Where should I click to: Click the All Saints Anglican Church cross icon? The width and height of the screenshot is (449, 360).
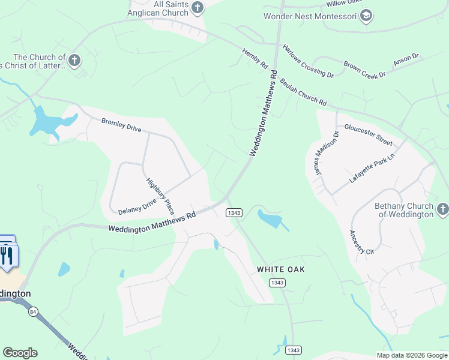click(197, 8)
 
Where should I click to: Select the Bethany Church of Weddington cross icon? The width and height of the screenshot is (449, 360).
click(442, 209)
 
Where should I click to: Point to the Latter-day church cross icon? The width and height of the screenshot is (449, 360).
click(74, 60)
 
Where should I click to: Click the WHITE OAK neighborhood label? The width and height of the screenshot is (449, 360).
click(281, 269)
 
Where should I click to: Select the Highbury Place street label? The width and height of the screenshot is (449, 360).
click(160, 196)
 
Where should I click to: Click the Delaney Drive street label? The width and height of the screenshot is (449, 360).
click(137, 206)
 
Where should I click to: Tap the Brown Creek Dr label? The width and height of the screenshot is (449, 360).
click(364, 69)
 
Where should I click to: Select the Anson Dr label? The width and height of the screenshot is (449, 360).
click(406, 60)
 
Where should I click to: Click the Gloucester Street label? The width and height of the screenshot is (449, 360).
click(368, 135)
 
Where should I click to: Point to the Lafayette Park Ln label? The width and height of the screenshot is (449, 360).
click(373, 168)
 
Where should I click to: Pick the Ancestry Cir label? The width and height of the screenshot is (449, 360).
click(362, 242)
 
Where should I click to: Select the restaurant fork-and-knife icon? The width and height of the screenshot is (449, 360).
click(7, 256)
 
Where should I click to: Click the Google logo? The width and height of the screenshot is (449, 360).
click(20, 352)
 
